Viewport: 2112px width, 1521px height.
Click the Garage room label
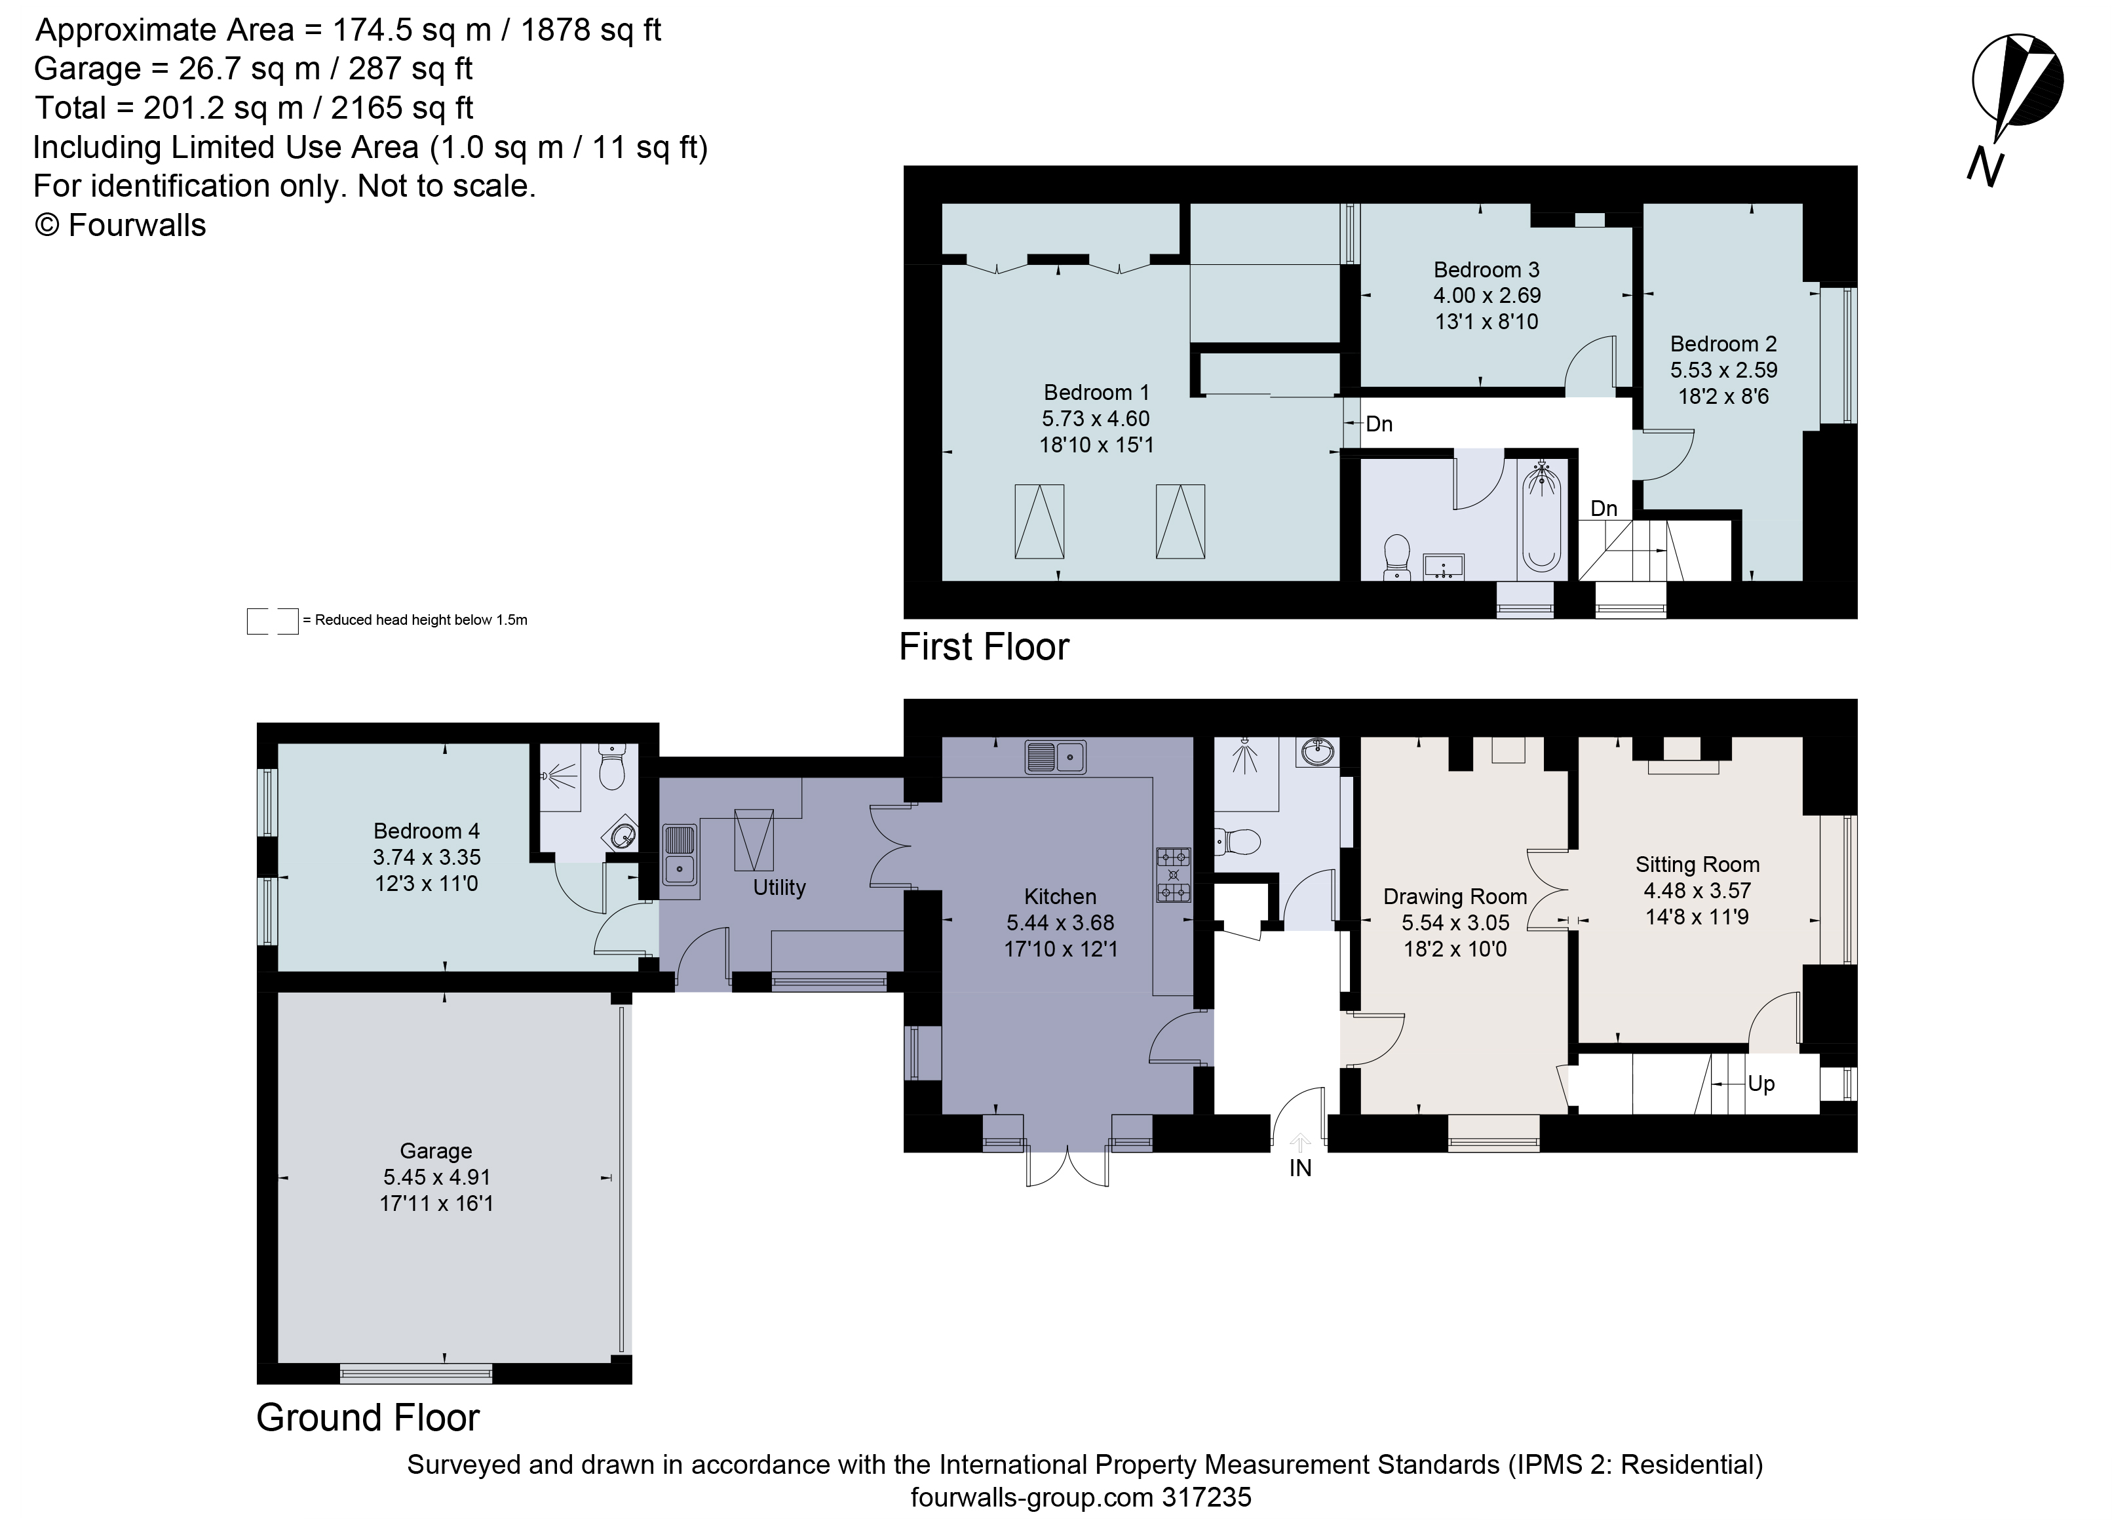(436, 1151)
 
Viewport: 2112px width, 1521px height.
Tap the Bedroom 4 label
(427, 830)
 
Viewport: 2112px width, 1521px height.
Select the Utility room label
(778, 887)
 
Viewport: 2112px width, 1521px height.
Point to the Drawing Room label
(1455, 896)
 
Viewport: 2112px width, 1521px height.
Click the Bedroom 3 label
(1486, 269)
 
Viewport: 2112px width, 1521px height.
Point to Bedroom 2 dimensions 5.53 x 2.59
(1723, 370)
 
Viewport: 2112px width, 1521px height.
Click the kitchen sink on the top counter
(1055, 757)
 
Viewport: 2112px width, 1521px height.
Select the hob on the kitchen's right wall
(1172, 875)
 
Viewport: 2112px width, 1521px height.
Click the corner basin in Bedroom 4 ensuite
(624, 835)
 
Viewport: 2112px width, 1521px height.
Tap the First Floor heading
(984, 646)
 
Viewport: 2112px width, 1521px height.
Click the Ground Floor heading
(368, 1417)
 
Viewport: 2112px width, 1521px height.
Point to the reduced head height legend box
(272, 620)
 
